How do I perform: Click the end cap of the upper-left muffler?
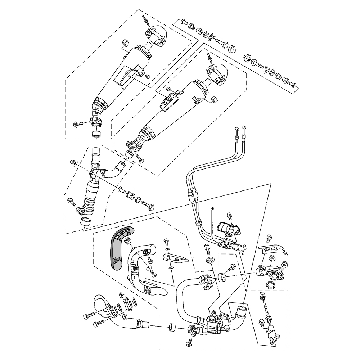pyautogui.click(x=155, y=36)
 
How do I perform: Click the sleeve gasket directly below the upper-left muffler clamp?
pyautogui.click(x=95, y=135)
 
